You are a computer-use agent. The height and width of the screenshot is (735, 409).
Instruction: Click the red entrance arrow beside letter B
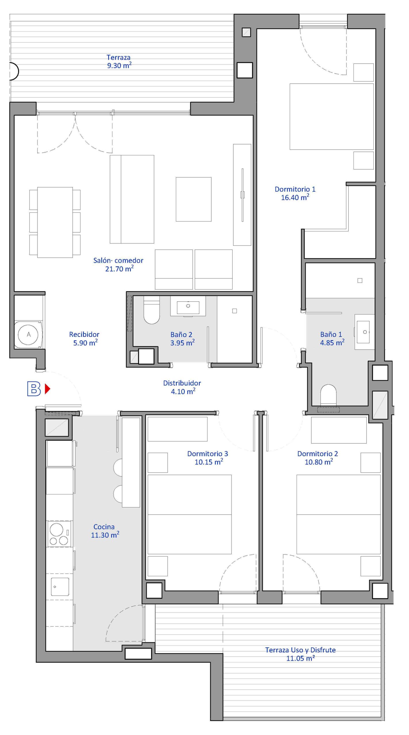pyautogui.click(x=47, y=389)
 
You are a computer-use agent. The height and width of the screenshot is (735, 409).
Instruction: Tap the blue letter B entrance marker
pyautogui.click(x=34, y=389)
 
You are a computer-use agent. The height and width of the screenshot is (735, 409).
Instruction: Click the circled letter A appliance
pyautogui.click(x=28, y=334)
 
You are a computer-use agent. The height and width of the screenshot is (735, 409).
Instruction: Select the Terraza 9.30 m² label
pyautogui.click(x=119, y=61)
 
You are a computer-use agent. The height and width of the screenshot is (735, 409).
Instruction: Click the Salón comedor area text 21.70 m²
pyautogui.click(x=119, y=269)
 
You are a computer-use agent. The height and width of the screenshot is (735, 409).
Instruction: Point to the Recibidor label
pyautogui.click(x=84, y=334)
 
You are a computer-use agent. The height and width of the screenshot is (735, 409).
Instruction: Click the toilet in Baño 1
pyautogui.click(x=328, y=395)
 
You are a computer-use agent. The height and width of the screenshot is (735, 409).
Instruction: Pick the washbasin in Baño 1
pyautogui.click(x=365, y=332)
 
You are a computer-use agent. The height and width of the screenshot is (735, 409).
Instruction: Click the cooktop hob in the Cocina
pyautogui.click(x=59, y=534)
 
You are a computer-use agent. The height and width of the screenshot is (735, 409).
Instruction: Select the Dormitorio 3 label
pyautogui.click(x=208, y=454)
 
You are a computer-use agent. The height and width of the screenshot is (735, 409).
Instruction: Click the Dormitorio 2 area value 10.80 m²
pyautogui.click(x=319, y=462)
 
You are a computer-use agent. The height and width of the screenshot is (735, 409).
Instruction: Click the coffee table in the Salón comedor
pyautogui.click(x=193, y=199)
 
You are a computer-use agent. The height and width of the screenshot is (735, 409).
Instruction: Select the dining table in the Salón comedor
pyautogui.click(x=55, y=222)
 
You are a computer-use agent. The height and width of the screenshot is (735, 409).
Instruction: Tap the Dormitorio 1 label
pyautogui.click(x=295, y=189)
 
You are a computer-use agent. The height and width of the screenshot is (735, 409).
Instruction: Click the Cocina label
pyautogui.click(x=104, y=527)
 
